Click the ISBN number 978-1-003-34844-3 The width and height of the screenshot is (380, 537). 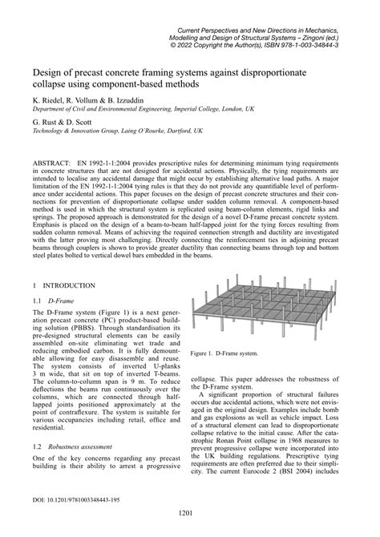320,47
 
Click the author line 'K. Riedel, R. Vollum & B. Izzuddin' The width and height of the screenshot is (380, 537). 90,100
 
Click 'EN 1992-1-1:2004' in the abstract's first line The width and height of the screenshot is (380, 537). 116,162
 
